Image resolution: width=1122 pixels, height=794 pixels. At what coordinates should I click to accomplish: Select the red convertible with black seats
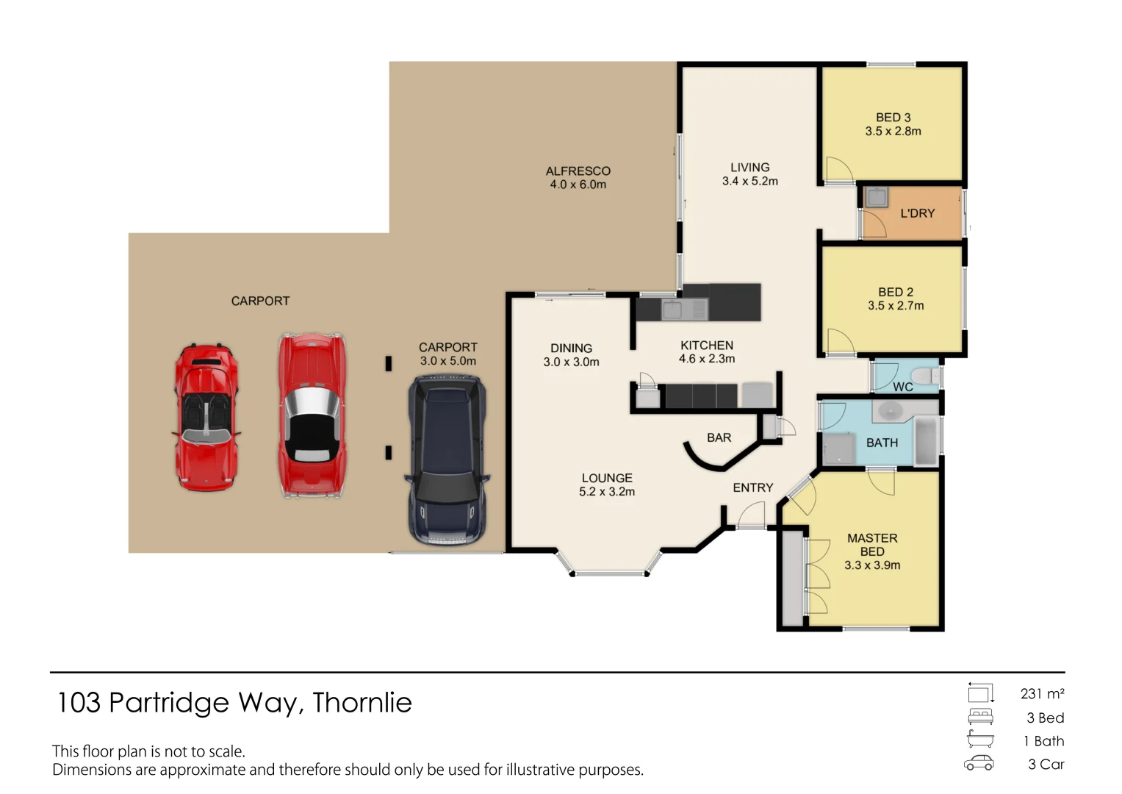(x=206, y=416)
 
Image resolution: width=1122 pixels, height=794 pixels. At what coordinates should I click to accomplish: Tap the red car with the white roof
(x=312, y=416)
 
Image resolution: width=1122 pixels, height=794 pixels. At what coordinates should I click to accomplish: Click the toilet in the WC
(x=927, y=376)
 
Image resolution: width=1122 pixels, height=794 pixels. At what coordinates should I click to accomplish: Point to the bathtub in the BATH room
(x=927, y=441)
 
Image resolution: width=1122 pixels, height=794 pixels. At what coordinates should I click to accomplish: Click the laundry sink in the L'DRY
(x=876, y=197)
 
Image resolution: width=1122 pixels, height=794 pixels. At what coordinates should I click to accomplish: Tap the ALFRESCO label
(x=578, y=171)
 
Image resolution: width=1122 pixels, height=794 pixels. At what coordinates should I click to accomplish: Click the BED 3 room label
(x=893, y=118)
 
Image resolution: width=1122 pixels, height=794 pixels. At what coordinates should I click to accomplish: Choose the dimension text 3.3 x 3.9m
(x=871, y=565)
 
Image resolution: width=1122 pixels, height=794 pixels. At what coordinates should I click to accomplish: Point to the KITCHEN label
(x=706, y=345)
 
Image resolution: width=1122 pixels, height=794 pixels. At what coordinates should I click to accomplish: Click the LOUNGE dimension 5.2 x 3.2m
(x=606, y=492)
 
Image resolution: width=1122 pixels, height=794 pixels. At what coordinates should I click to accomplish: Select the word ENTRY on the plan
(x=752, y=487)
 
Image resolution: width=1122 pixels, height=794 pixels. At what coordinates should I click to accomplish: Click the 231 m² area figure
(x=1042, y=693)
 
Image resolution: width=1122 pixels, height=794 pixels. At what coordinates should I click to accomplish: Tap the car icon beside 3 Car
(x=979, y=764)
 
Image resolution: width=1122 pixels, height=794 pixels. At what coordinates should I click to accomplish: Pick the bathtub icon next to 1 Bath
(x=980, y=740)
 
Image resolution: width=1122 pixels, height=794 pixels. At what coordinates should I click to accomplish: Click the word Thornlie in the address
(x=362, y=703)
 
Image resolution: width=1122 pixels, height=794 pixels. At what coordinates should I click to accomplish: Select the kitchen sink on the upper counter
(x=672, y=310)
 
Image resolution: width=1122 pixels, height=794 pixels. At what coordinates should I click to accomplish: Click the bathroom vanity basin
(x=891, y=411)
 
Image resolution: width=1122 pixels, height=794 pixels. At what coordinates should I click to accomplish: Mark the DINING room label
(x=571, y=348)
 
